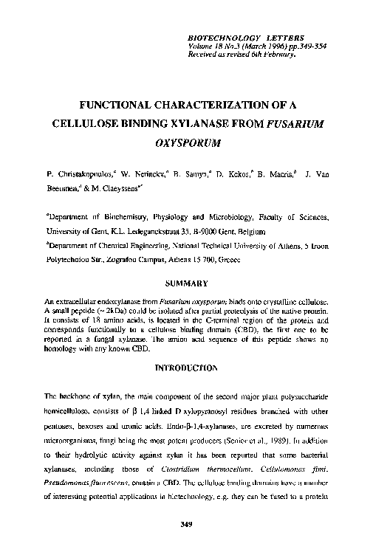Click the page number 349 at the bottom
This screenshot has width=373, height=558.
tap(186, 525)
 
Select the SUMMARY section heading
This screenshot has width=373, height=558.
tap(186, 283)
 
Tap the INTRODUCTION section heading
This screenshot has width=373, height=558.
tap(186, 367)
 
